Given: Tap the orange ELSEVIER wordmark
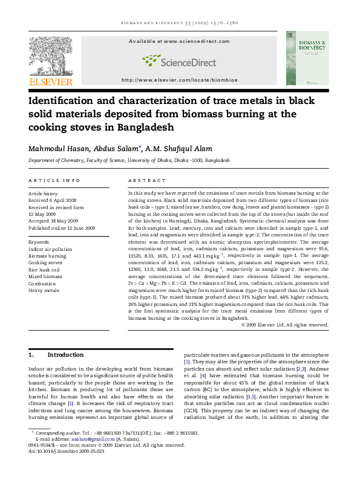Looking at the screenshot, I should coord(51,82).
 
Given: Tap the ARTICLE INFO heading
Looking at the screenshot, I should coord(54,180).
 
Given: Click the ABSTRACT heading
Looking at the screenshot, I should coord(147,180).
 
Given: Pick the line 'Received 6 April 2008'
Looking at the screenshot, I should coord(53,199).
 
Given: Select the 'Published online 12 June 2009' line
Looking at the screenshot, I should coord(62,228).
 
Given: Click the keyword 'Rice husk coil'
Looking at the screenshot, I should coord(44,270).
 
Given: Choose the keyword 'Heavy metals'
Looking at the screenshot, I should coord(44,290).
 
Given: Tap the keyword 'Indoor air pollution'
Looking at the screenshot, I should coord(50,249).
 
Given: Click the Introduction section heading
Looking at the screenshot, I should coord(65,355).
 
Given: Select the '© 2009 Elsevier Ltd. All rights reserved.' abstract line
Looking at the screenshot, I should coord(284,325).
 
